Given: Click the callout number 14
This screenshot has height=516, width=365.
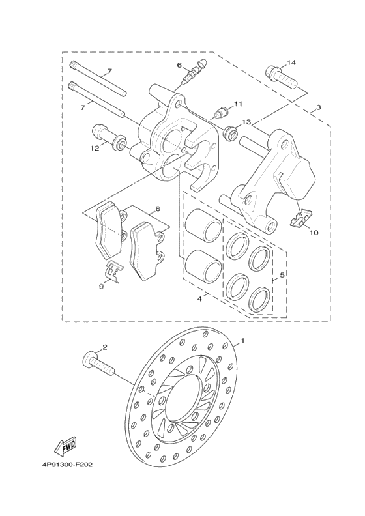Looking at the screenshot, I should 291,63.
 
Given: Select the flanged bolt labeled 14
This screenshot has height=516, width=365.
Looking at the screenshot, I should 280,77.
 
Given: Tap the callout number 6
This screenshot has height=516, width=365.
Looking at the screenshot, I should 179,65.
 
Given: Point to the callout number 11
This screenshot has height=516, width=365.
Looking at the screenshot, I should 238,104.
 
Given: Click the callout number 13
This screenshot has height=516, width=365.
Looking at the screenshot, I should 246,122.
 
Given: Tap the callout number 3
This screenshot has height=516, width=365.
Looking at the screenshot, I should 318,107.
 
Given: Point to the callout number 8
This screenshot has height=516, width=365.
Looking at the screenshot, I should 157,209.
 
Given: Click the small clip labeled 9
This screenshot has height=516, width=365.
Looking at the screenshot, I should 112,270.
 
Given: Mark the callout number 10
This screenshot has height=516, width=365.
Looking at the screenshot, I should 314,232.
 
